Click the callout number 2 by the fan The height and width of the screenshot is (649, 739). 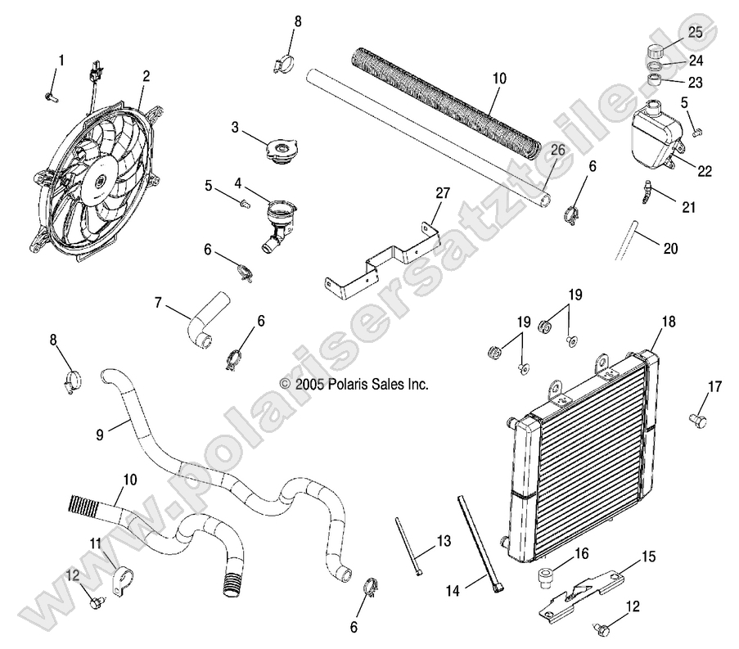146,76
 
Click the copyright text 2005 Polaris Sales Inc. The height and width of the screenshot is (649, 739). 354,383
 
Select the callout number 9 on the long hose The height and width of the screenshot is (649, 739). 99,435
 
